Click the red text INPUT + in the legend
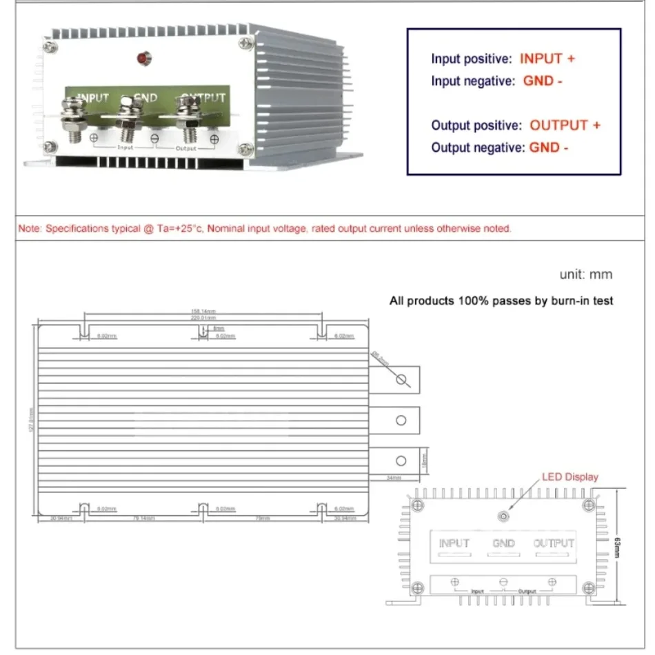[547, 59]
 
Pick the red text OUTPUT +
[565, 125]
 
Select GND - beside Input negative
[543, 81]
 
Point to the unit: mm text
[585, 274]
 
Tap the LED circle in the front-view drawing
[504, 516]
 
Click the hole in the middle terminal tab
[401, 420]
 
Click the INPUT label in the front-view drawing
[454, 543]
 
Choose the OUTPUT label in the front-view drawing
[554, 543]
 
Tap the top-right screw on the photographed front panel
[246, 43]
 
